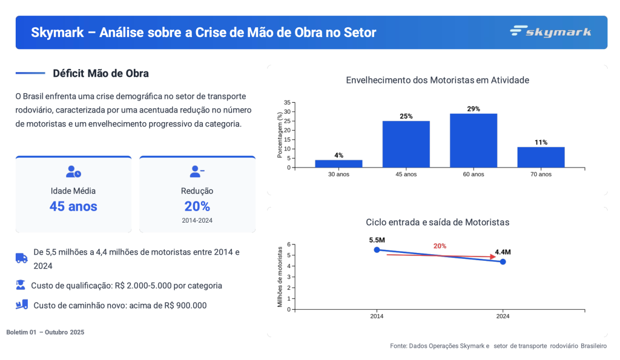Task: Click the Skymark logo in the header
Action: click(550, 31)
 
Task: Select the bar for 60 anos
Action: click(473, 140)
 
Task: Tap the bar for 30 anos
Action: click(338, 163)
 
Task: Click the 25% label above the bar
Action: click(406, 116)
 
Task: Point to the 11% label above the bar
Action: click(541, 142)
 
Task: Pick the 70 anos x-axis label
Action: click(541, 174)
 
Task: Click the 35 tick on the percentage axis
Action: click(287, 103)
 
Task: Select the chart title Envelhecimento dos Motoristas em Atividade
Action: click(438, 80)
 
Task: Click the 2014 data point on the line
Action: click(377, 249)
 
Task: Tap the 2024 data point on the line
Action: click(503, 261)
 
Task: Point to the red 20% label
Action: click(440, 246)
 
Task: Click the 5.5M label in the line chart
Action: click(377, 240)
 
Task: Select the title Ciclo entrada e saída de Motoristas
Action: click(438, 222)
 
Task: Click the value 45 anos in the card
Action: click(73, 206)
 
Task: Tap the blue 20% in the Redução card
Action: click(197, 206)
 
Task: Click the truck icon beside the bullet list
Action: click(22, 258)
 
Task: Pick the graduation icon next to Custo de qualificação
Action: click(21, 285)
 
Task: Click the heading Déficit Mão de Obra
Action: click(101, 73)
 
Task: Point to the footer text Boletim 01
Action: click(22, 332)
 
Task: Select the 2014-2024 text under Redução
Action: click(197, 221)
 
